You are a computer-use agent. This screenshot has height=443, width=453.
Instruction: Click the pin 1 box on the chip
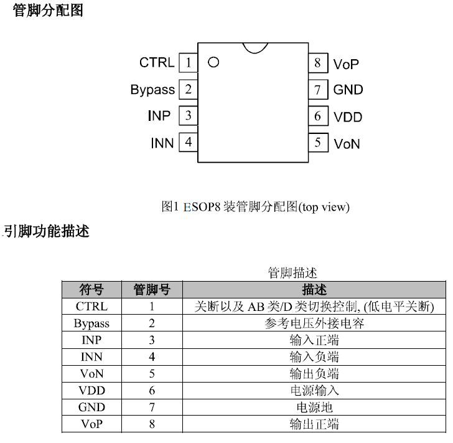[188, 62]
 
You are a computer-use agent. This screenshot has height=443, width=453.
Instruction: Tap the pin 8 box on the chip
[317, 62]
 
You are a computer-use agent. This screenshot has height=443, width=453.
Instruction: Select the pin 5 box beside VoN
[317, 143]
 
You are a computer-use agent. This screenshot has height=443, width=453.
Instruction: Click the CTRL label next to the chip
[157, 63]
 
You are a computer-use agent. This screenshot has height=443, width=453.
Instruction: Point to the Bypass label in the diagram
[152, 90]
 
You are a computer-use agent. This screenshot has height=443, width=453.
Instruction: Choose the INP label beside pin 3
[159, 117]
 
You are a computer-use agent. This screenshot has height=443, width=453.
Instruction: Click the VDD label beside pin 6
[348, 117]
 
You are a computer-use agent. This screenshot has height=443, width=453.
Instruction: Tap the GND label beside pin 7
[348, 90]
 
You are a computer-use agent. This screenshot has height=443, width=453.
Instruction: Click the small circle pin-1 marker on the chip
[213, 62]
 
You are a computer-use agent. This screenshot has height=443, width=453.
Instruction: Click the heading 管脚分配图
[48, 11]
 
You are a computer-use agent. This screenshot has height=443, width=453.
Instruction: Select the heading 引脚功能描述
[47, 231]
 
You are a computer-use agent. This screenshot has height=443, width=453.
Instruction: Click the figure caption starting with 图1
[255, 207]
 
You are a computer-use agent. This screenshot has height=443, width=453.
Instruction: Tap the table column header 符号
[91, 290]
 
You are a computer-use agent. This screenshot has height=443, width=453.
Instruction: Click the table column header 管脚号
[152, 290]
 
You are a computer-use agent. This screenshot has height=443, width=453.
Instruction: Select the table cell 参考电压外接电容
[314, 323]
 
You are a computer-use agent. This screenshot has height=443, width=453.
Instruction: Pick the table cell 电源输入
[314, 391]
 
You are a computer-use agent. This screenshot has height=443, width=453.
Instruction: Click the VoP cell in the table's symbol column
[91, 424]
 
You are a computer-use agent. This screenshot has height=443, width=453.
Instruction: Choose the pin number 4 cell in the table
[152, 357]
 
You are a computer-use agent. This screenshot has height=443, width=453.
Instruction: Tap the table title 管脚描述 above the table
[292, 273]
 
